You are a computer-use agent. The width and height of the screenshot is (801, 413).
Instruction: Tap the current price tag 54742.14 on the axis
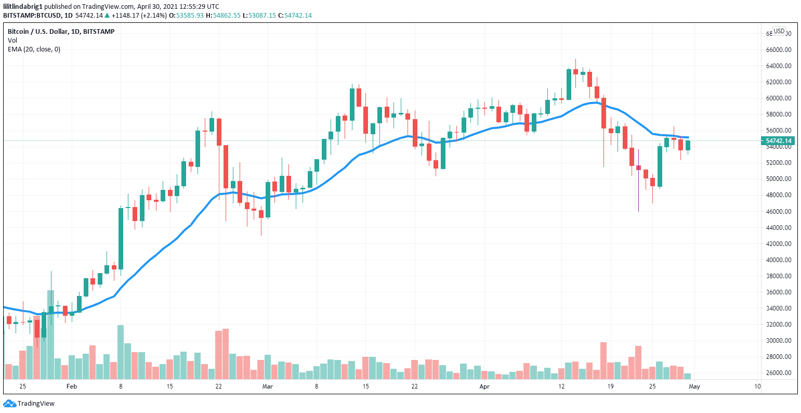pyautogui.click(x=778, y=140)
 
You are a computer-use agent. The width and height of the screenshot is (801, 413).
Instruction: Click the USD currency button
pyautogui.click(x=779, y=31)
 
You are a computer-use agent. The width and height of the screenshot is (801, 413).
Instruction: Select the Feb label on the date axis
pyautogui.click(x=72, y=386)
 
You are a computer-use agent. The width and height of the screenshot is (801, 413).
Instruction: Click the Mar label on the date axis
pyautogui.click(x=267, y=386)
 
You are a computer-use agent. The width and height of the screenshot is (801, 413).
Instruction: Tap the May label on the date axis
pyautogui.click(x=694, y=386)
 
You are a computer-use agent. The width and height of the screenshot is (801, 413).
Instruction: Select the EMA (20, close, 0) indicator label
pyautogui.click(x=34, y=49)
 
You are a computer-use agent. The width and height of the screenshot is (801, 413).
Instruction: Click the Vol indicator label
pyautogui.click(x=12, y=41)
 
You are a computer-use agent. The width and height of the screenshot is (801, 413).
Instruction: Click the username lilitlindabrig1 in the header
pyautogui.click(x=22, y=6)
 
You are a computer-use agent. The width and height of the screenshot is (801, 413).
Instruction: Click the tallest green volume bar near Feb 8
pyautogui.click(x=121, y=352)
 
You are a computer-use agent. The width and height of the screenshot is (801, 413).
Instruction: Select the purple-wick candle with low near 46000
pyautogui.click(x=638, y=168)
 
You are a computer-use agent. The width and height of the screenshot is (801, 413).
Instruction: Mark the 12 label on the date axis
pyautogui.click(x=561, y=386)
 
